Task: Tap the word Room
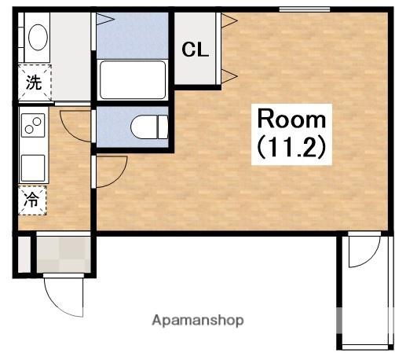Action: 291,119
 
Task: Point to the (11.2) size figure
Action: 291,147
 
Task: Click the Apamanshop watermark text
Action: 198,320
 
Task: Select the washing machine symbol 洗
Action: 35,83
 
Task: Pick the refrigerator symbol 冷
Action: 32,200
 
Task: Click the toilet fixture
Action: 149,127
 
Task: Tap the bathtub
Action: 133,80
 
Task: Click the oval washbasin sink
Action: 38,37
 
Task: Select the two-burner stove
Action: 33,125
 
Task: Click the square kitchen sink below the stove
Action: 33,167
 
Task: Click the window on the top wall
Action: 305,9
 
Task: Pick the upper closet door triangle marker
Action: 229,20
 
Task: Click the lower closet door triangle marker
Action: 229,76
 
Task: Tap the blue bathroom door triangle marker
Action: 105,19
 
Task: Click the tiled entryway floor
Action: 64,255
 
